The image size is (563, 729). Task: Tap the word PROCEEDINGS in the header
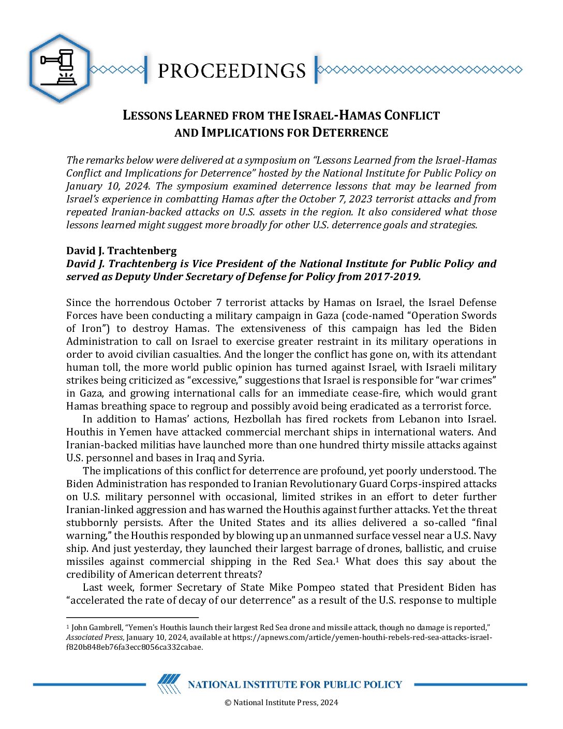tap(231, 70)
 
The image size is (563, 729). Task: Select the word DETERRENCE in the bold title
tap(350, 133)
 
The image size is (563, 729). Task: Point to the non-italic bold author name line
tap(121, 251)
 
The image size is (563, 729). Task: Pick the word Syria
tap(251, 458)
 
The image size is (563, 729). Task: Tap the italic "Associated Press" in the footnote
tap(94, 637)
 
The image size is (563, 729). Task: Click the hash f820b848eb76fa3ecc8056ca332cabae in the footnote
tap(135, 647)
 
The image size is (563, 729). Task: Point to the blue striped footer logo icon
tap(169, 684)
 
